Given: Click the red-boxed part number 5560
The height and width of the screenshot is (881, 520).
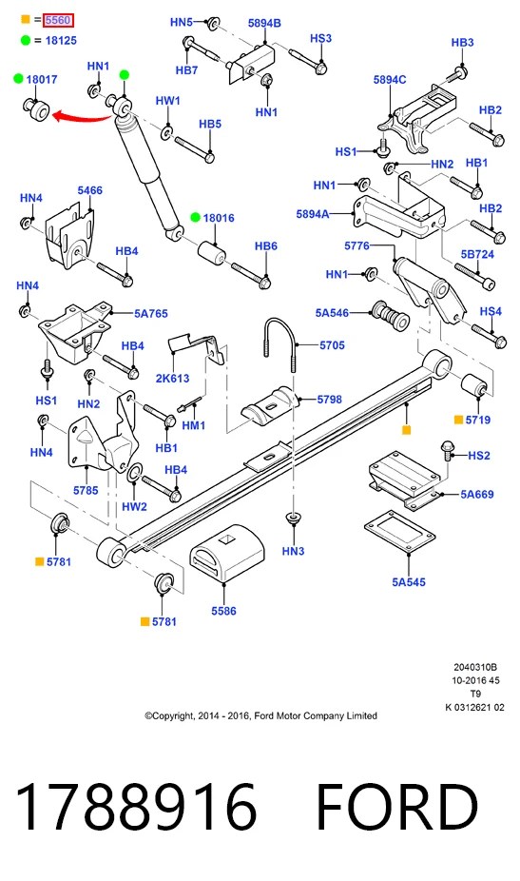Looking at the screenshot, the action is (58, 20).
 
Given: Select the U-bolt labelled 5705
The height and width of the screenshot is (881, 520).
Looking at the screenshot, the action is (279, 343).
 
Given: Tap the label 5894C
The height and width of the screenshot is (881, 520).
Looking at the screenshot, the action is (390, 80).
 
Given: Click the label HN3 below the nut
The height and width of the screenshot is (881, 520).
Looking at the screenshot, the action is (293, 551).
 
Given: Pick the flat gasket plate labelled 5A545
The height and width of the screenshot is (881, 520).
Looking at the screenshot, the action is (399, 532).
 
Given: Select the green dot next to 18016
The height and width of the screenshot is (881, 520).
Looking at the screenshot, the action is (196, 218).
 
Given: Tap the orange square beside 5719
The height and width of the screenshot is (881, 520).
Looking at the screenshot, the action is (458, 420).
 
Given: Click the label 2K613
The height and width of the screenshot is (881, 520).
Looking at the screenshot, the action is (172, 378).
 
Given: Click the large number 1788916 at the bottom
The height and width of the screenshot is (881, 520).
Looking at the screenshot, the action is (137, 807).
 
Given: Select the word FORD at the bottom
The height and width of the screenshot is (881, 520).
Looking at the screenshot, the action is (397, 807).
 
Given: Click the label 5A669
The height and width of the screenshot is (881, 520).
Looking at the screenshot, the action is (477, 495).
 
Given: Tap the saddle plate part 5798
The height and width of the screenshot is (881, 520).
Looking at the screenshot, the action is (271, 402).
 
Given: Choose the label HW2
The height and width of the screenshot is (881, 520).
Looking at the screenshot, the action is (134, 507).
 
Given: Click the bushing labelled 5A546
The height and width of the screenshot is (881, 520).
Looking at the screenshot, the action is (390, 315).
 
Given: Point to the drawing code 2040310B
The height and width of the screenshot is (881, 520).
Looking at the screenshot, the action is (475, 668).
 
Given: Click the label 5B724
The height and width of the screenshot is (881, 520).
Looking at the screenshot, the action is (477, 254).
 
